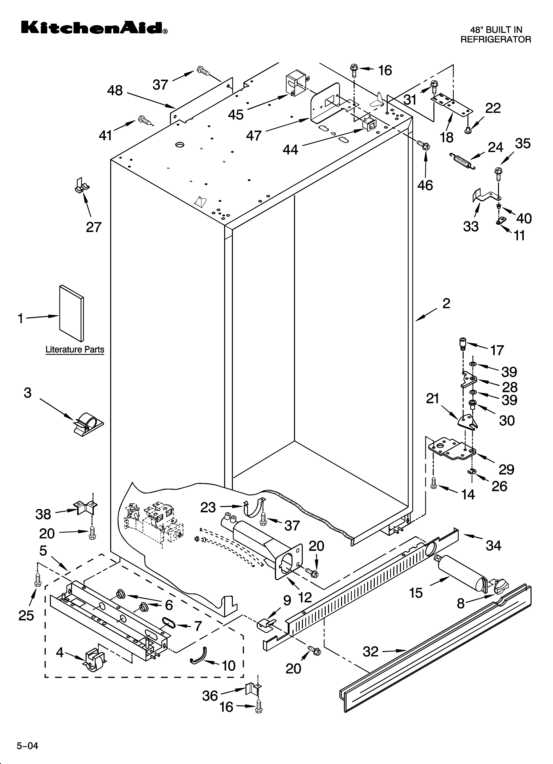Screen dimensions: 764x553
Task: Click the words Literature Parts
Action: (x=75, y=349)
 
